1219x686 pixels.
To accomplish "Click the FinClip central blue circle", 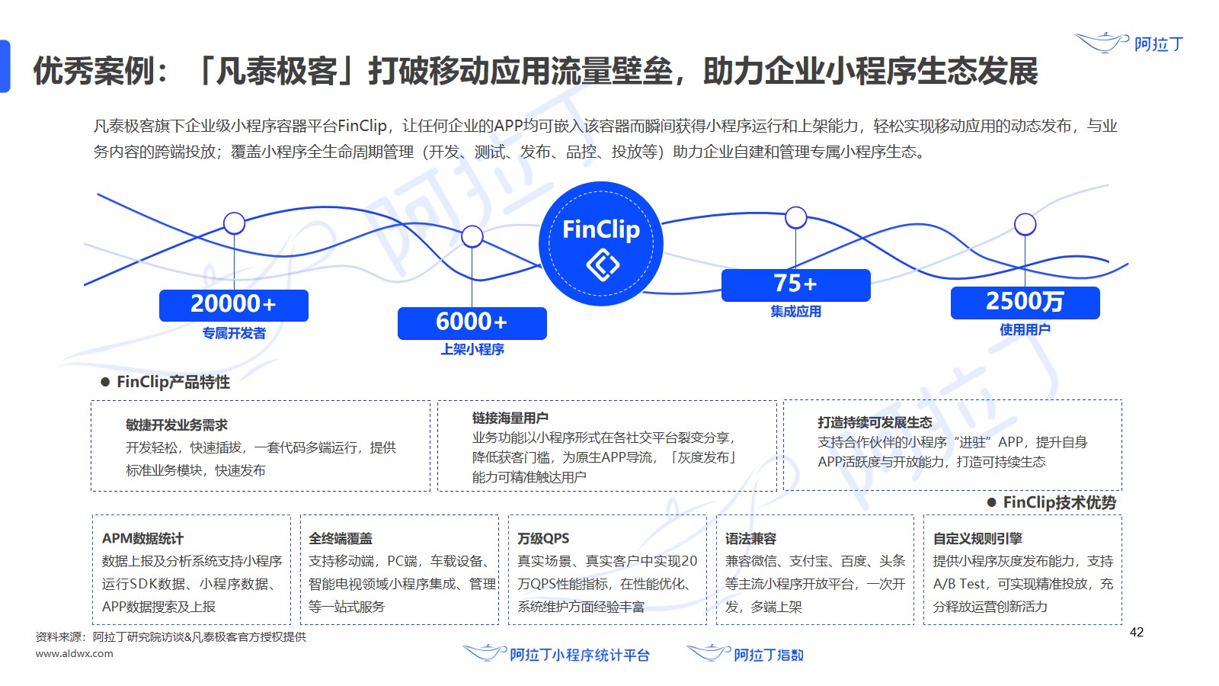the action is click(x=601, y=243).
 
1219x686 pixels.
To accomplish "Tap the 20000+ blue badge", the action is click(x=233, y=306).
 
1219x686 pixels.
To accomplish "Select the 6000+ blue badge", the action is click(x=472, y=323).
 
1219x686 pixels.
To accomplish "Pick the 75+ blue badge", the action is click(x=795, y=285).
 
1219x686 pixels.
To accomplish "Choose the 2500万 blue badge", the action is click(x=1025, y=303).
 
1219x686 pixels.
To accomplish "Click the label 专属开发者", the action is click(x=234, y=333).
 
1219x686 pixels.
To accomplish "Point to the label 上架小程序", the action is click(x=472, y=350).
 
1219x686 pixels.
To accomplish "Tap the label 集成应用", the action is click(x=795, y=312).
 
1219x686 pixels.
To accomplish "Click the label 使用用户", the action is click(x=1025, y=329).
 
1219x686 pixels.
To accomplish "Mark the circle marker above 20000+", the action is click(x=234, y=223).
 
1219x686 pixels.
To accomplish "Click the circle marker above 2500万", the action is click(x=1025, y=224).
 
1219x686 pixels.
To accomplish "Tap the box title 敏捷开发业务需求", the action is click(x=176, y=425).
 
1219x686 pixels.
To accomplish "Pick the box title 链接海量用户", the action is click(x=510, y=418).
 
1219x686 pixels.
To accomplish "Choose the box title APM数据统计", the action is click(x=142, y=538).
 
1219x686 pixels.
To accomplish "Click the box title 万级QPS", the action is click(x=543, y=538).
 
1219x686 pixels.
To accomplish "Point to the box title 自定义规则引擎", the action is click(x=977, y=538).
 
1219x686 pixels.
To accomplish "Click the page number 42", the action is click(x=1136, y=632).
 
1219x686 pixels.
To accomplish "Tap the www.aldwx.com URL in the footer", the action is click(x=75, y=653).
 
